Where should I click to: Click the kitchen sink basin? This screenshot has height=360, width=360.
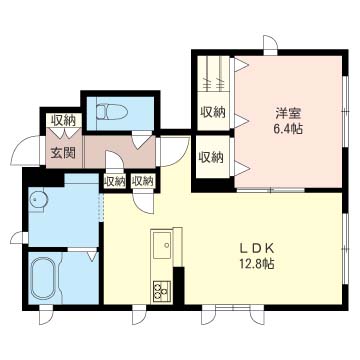(x=162, y=245)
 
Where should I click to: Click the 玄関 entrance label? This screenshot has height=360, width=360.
(x=63, y=153)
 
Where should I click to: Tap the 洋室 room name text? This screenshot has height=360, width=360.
(x=288, y=114)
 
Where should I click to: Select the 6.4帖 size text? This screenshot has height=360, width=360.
(x=288, y=129)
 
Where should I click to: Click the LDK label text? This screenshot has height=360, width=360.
(x=257, y=249)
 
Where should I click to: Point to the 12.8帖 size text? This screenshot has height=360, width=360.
(x=257, y=264)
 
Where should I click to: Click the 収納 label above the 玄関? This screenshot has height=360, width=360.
(x=64, y=120)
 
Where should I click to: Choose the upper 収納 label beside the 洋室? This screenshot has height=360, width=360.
(x=213, y=112)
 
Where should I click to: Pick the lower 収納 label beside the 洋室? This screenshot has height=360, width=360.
(x=212, y=157)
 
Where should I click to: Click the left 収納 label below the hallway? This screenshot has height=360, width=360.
(x=115, y=182)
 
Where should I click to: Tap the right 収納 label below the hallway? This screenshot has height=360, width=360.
(x=143, y=182)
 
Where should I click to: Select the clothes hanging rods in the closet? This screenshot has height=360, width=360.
(x=213, y=73)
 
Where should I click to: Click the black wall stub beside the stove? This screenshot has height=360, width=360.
(x=179, y=285)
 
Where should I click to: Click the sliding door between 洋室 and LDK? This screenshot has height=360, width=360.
(x=271, y=190)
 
